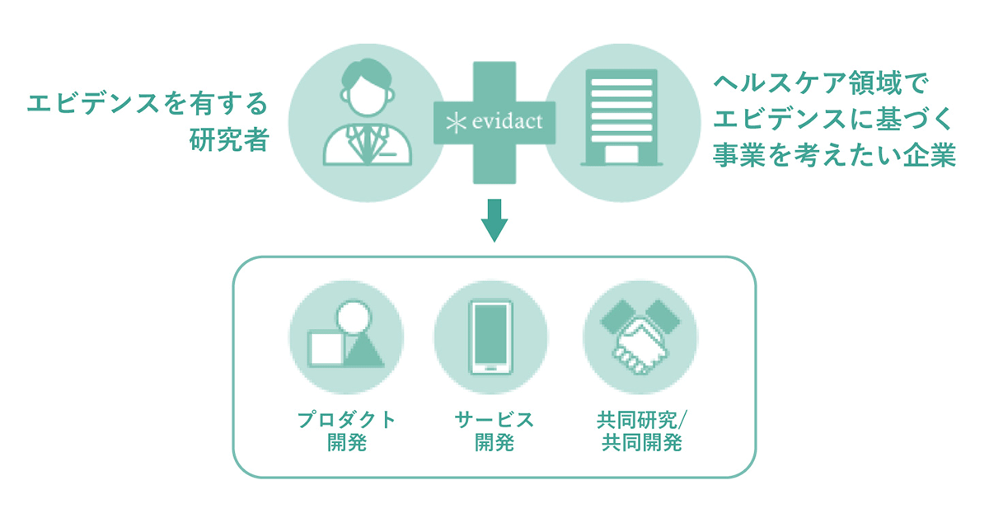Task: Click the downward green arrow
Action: pyautogui.click(x=494, y=219)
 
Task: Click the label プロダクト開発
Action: pyautogui.click(x=346, y=430)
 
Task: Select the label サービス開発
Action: pyautogui.click(x=494, y=430)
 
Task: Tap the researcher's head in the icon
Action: pyautogui.click(x=368, y=88)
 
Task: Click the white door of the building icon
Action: pyautogui.click(x=619, y=153)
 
